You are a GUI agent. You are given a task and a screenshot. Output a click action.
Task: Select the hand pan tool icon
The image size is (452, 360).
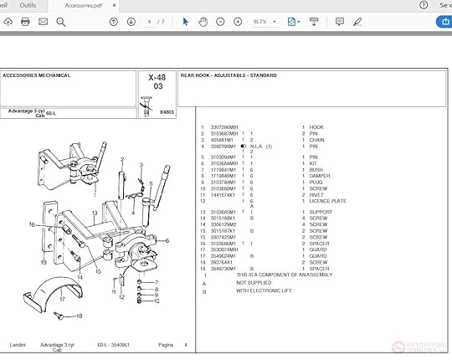pyautogui.click(x=203, y=22)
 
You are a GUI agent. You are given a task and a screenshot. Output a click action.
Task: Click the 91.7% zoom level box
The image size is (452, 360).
pyautogui.click(x=259, y=22)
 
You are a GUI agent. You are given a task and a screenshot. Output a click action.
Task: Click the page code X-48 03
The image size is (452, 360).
pyautogui.click(x=157, y=80)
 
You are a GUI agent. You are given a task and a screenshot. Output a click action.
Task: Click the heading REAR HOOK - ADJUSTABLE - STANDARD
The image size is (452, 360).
pyautogui.click(x=229, y=75)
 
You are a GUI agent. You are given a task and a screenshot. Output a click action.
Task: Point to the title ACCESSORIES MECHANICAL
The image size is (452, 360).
pyautogui.click(x=36, y=75)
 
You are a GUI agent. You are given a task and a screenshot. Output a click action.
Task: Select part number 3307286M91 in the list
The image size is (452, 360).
pyautogui.click(x=223, y=127)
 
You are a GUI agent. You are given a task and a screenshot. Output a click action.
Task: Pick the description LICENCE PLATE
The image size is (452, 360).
pyautogui.click(x=327, y=201)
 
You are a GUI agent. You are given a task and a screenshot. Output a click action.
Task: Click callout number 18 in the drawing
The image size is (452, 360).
pyautogui.click(x=79, y=316)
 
